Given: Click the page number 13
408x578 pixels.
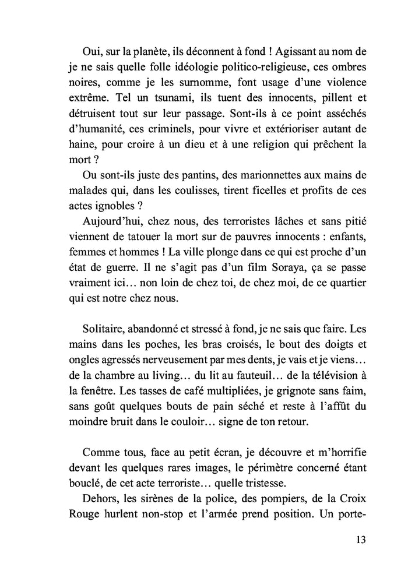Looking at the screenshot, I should click(360, 539).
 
